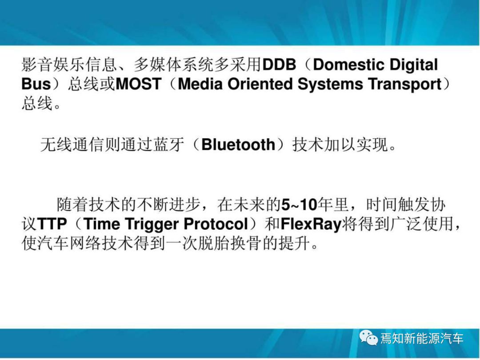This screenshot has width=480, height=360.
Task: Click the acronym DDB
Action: point(280,65)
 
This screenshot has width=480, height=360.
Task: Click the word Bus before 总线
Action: point(36,84)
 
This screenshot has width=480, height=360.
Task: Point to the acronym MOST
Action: point(139,84)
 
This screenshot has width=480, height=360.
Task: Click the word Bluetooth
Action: point(239,145)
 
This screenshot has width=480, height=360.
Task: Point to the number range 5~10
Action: point(299,205)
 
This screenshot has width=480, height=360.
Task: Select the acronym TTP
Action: point(52,224)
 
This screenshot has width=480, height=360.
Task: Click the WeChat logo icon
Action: point(369,338)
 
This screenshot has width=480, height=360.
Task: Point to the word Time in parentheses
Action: point(101,224)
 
